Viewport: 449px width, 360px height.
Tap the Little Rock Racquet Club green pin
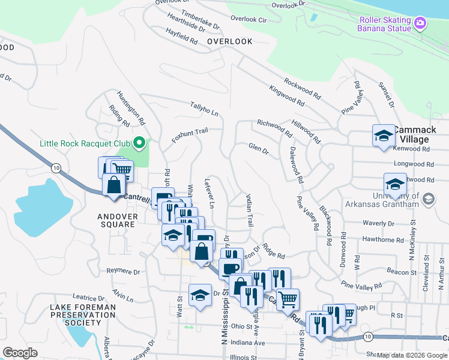pyautogui.click(x=139, y=143)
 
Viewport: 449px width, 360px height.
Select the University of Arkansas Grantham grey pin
pyautogui.click(x=428, y=199)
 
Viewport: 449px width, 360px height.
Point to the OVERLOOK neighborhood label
pyautogui.click(x=229, y=41)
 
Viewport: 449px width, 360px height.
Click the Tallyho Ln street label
pyautogui.click(x=205, y=109)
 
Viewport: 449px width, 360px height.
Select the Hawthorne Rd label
pyautogui.click(x=384, y=239)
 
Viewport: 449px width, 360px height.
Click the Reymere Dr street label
pyautogui.click(x=122, y=271)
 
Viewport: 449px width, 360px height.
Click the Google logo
pyautogui.click(x=20, y=353)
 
